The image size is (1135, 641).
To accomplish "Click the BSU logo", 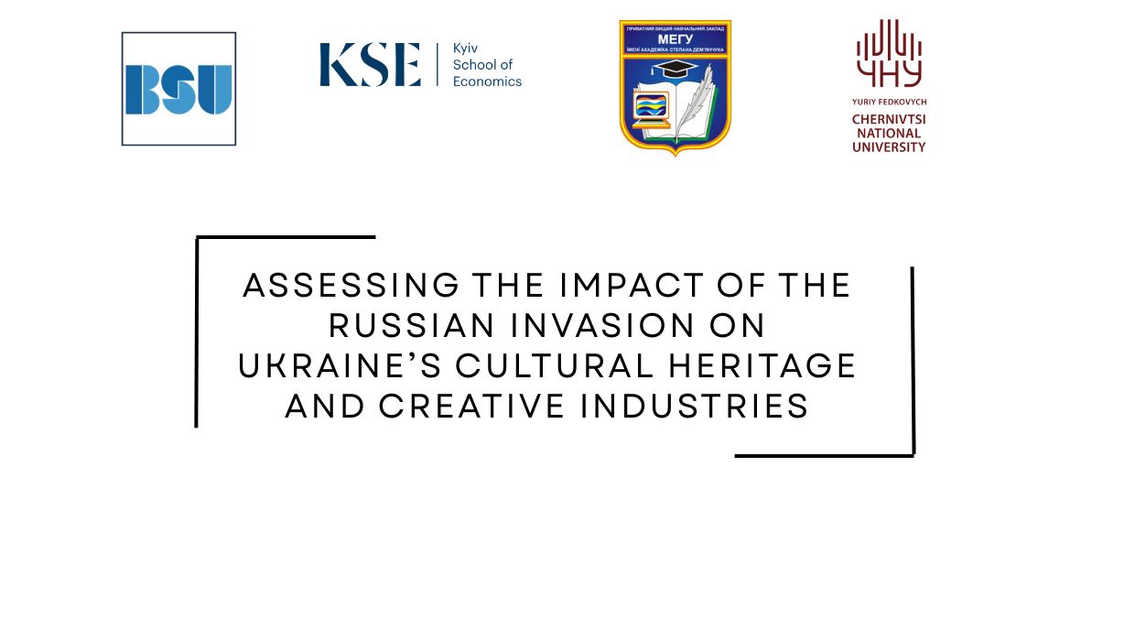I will [x=178, y=89].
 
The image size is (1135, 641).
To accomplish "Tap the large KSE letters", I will [x=370, y=65].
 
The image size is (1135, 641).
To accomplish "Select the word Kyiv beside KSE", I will [x=466, y=48].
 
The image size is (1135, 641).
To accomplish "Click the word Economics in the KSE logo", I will [x=487, y=81].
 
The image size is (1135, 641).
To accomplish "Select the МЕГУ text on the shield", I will [x=675, y=38].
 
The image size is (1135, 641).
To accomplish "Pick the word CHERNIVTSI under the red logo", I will [x=889, y=119].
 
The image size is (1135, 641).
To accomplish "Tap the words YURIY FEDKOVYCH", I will [x=889, y=103].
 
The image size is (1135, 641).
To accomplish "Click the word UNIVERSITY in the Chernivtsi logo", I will [x=889, y=147].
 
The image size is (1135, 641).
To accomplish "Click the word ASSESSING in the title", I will [x=351, y=286].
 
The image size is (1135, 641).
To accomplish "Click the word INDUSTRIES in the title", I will [x=694, y=407].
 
